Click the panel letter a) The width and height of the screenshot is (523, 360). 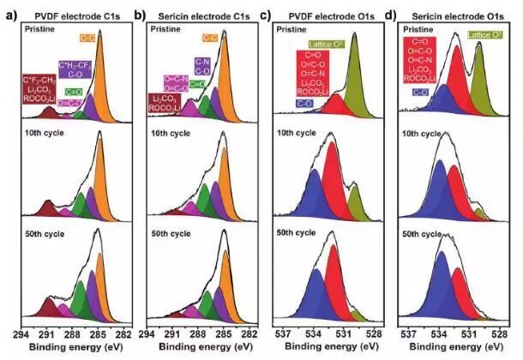pyautogui.click(x=9, y=15)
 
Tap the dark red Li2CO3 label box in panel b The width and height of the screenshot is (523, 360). pyautogui.click(x=164, y=104)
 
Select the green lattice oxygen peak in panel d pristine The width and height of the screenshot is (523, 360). pyautogui.click(x=478, y=86)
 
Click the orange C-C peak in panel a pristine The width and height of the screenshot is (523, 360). pyautogui.click(x=99, y=86)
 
